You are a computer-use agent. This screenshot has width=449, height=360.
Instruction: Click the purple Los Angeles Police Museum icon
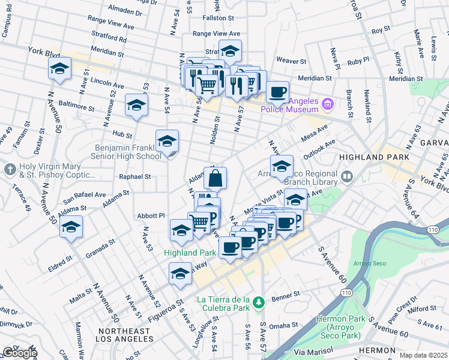[x=327, y=105]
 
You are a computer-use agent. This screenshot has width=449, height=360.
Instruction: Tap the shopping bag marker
[x=215, y=178]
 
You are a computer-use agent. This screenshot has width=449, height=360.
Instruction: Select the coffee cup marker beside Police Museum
[x=277, y=92]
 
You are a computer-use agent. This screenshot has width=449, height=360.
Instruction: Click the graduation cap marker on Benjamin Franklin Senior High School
[x=167, y=142]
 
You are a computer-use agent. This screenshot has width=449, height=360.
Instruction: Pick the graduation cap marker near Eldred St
[x=71, y=228]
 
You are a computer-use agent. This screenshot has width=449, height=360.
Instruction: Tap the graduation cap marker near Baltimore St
[x=136, y=106]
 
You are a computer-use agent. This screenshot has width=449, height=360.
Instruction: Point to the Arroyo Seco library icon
[x=348, y=176]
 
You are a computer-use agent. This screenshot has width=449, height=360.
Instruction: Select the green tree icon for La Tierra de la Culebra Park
[x=258, y=302]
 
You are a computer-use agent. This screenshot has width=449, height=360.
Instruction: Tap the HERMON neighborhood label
[x=376, y=350]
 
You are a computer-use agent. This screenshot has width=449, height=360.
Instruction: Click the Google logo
[x=19, y=353]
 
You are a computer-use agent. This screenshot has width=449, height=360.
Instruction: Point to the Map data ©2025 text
[x=423, y=355]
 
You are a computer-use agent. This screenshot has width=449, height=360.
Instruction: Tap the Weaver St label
[x=291, y=61]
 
